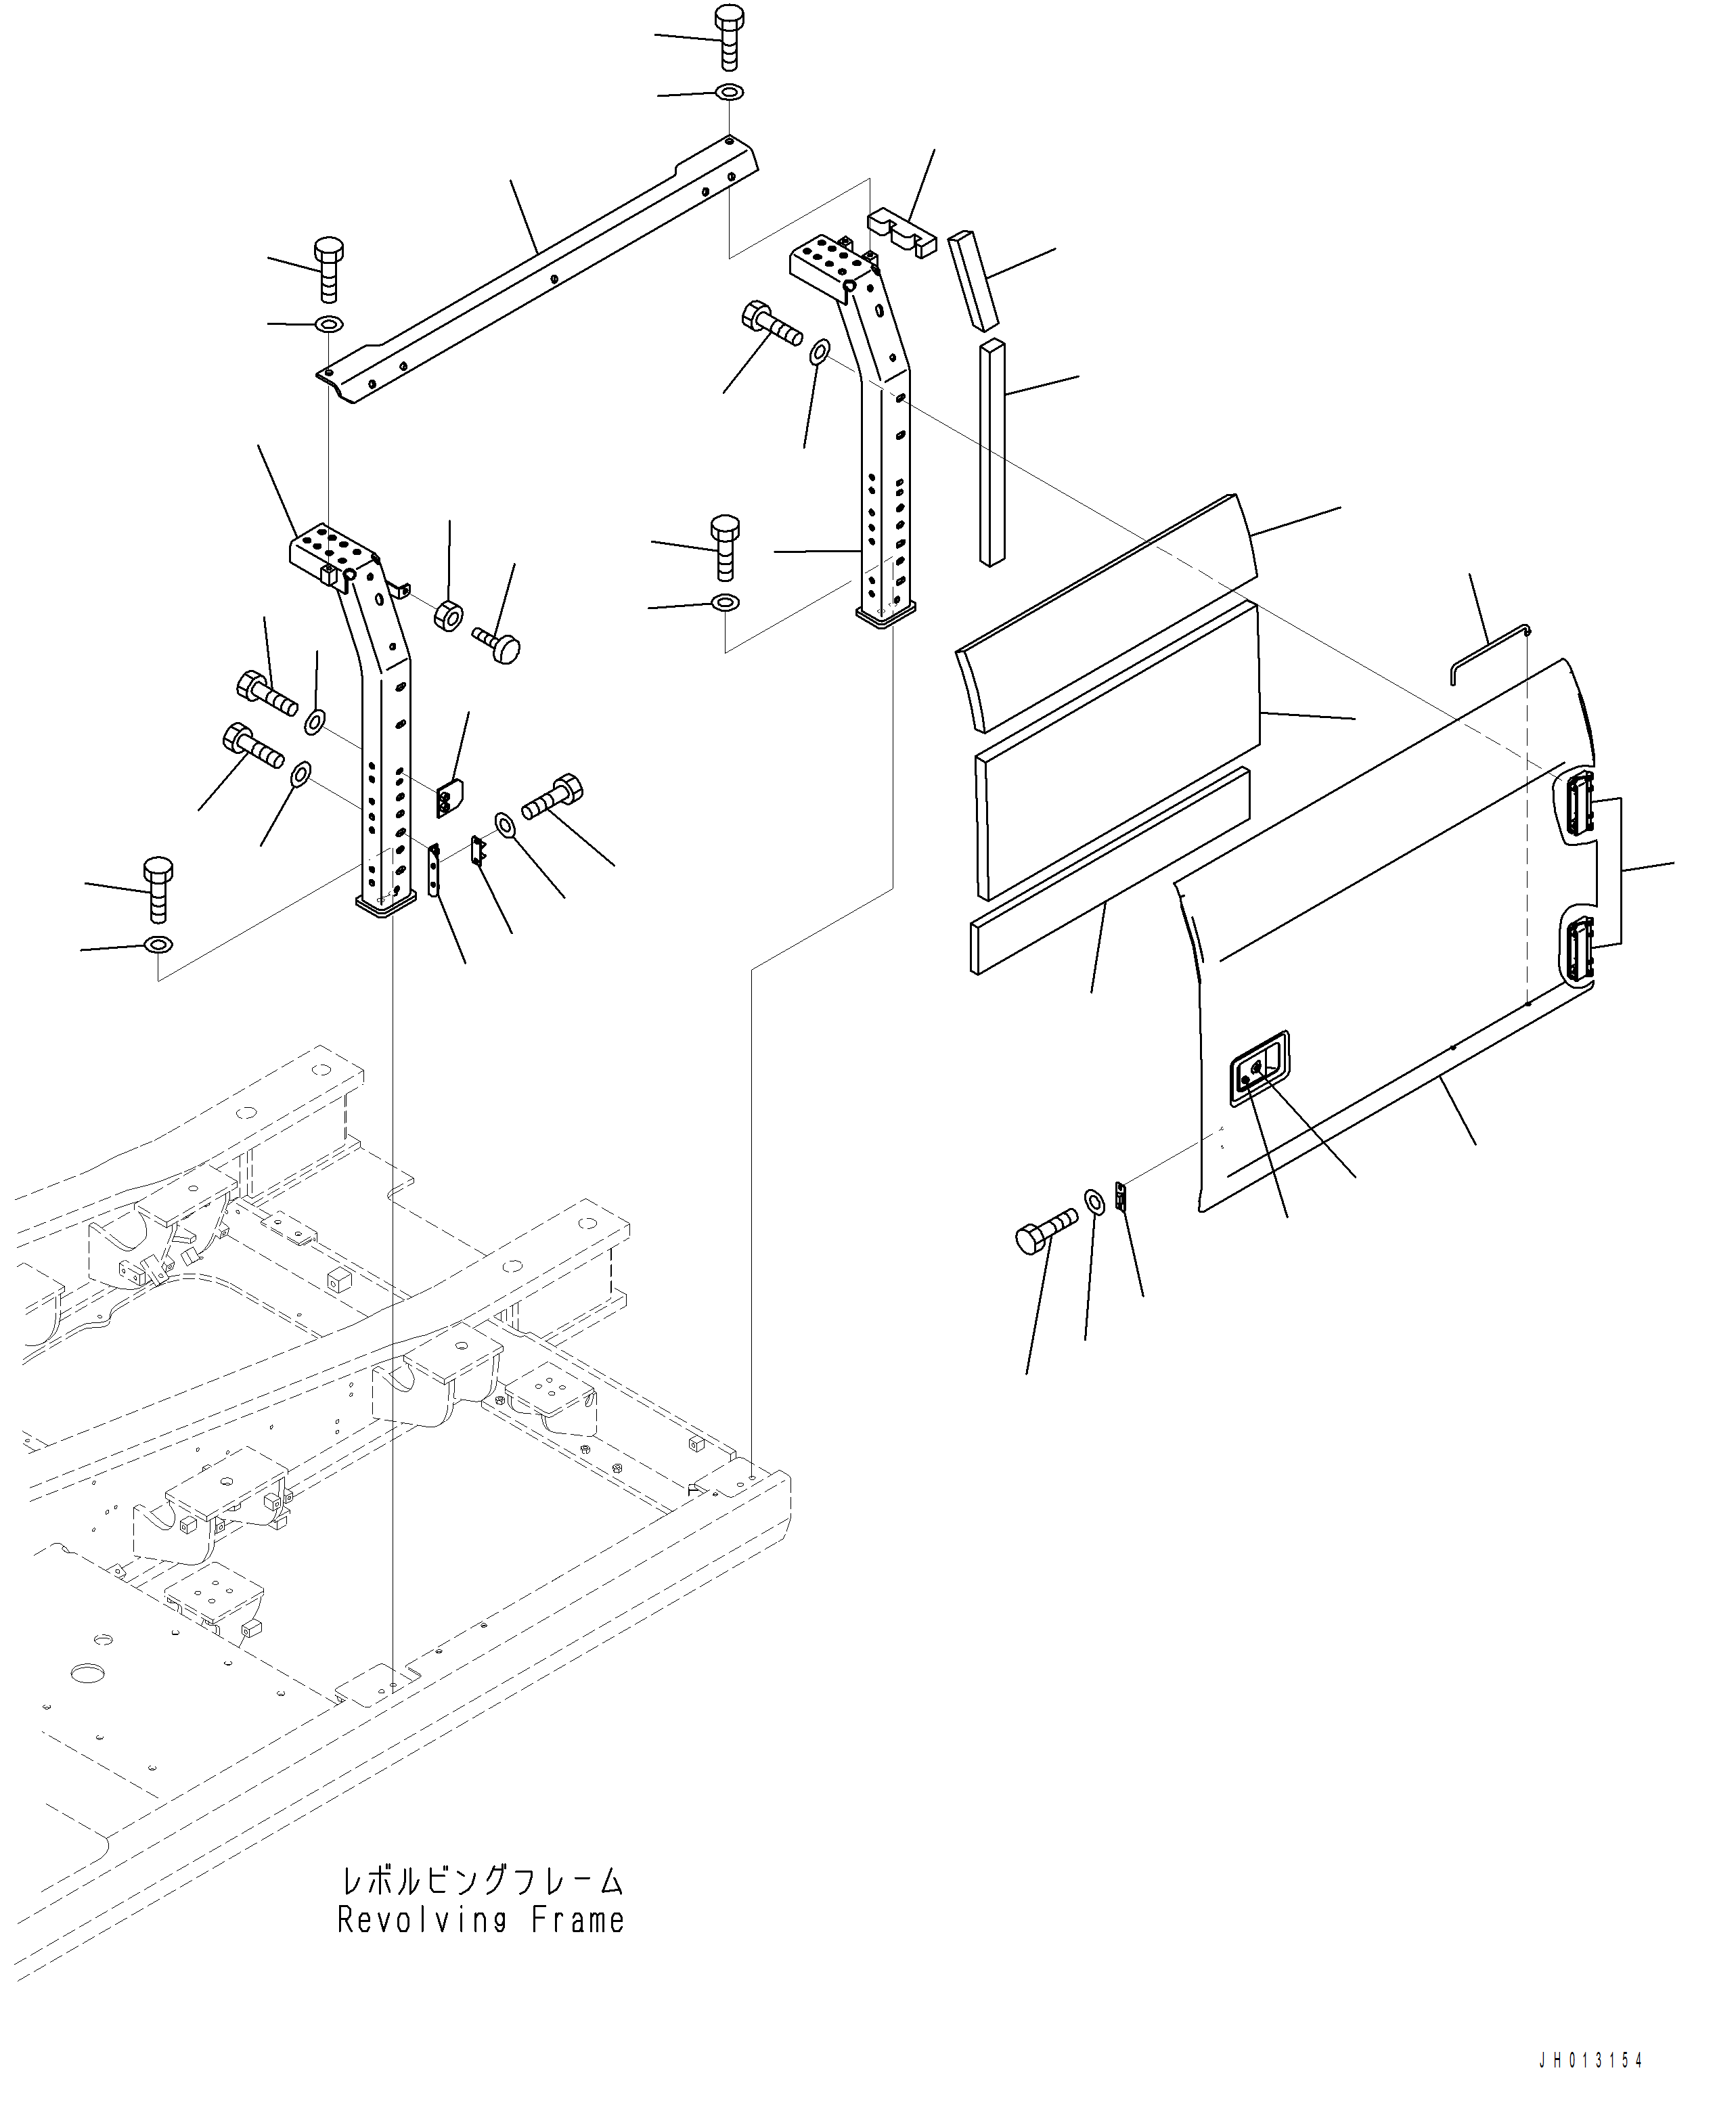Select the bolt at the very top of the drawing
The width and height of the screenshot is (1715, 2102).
[x=729, y=37]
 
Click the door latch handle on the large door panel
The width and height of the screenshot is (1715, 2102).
[x=1259, y=1069]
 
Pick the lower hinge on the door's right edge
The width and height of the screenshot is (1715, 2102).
[x=1578, y=947]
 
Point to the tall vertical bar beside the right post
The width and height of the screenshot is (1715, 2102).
[x=992, y=454]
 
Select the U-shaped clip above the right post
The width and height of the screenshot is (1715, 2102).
[x=901, y=233]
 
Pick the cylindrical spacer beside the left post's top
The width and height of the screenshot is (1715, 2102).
[x=447, y=615]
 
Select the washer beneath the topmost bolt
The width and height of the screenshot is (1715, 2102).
[x=730, y=93]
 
